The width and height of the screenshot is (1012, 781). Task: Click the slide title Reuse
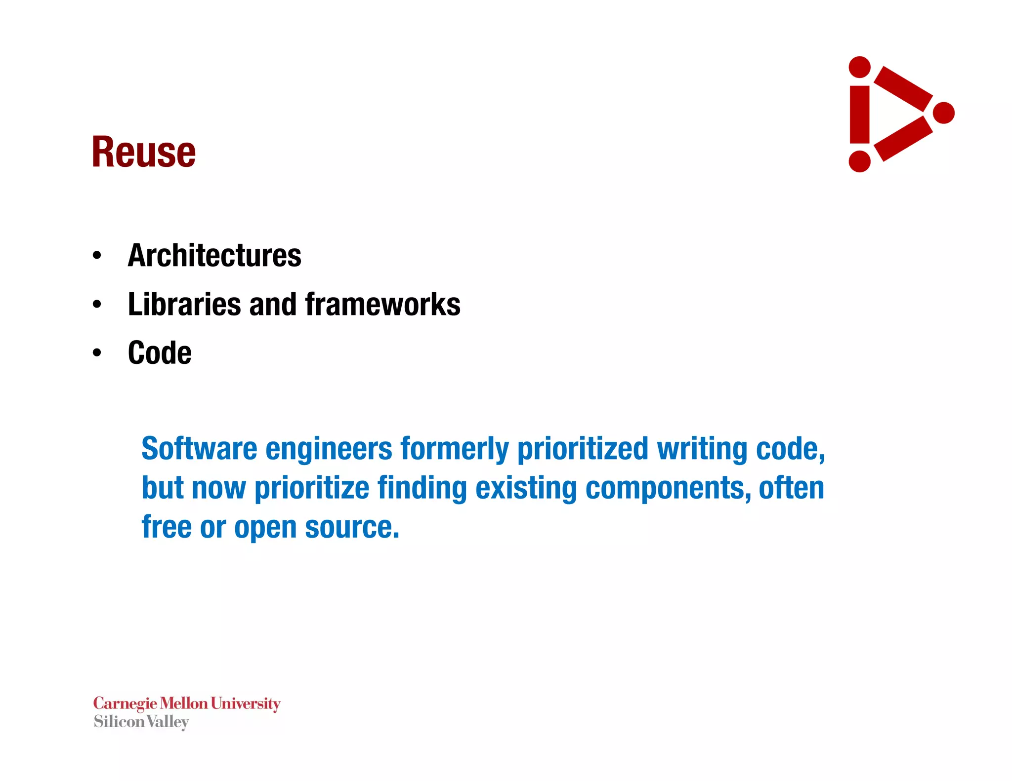tap(144, 152)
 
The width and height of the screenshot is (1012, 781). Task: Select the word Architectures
tap(214, 256)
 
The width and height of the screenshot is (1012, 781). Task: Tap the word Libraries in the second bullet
tap(184, 304)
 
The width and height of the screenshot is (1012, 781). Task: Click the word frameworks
tap(383, 304)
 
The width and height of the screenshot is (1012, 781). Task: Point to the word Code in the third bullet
tap(160, 353)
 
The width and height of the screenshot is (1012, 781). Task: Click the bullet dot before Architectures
tap(97, 256)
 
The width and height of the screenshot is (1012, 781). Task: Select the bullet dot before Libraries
tap(97, 305)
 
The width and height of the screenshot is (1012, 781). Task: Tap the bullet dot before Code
tap(97, 353)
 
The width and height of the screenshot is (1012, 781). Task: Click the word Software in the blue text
tap(199, 449)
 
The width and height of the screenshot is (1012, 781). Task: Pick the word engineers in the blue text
tap(329, 449)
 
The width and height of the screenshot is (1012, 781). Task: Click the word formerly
tap(454, 449)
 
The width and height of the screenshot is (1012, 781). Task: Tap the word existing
tap(526, 488)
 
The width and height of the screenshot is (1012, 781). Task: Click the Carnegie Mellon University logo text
tap(187, 703)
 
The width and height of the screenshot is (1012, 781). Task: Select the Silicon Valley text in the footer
tap(141, 722)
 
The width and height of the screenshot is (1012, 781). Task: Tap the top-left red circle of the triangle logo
tap(859, 67)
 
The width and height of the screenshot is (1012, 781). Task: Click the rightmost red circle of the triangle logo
tap(944, 113)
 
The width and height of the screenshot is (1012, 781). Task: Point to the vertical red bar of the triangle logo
tap(859, 115)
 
